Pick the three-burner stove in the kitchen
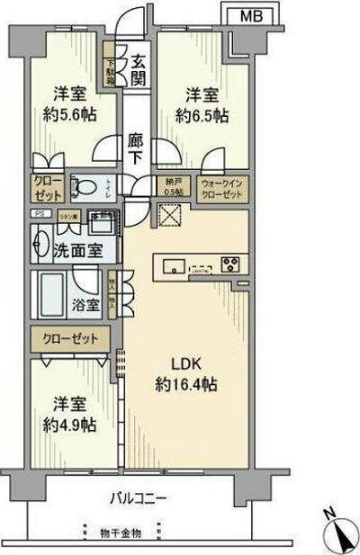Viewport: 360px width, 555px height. (230, 264)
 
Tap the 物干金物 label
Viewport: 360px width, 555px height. (120, 533)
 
